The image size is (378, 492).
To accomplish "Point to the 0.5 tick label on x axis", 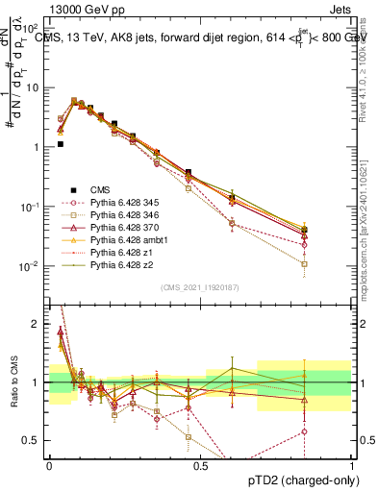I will point(200,465).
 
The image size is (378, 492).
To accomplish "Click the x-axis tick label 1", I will point(351,465).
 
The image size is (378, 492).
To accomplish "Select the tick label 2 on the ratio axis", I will point(38,324).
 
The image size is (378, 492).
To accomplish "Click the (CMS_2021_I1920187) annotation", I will point(200,287).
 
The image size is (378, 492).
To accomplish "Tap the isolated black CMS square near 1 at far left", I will point(60,144).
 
